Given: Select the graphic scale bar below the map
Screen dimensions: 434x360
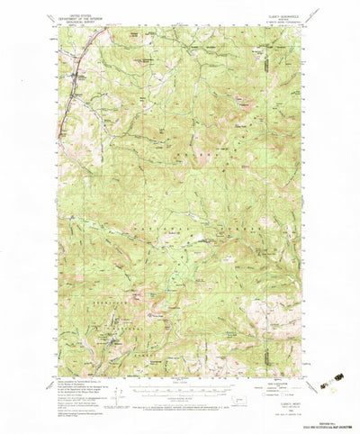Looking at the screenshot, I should click(180, 392).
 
